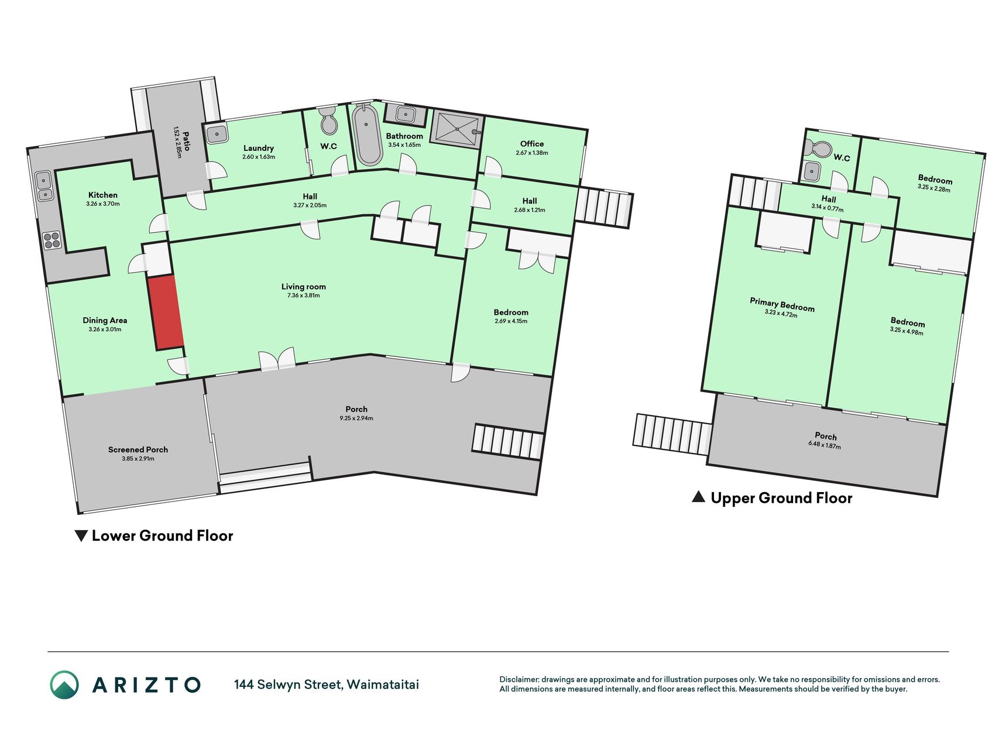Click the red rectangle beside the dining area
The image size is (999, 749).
click(x=166, y=313)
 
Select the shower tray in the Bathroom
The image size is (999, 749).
click(x=455, y=129)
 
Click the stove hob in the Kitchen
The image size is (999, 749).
click(x=52, y=240)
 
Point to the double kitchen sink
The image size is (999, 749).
click(x=44, y=185)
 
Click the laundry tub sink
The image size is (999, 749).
click(x=217, y=134)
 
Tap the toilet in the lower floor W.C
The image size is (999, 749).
click(x=328, y=120)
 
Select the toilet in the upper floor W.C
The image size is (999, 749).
click(x=818, y=149)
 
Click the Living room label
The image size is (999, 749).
click(x=304, y=287)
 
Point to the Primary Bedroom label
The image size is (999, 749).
click(x=782, y=304)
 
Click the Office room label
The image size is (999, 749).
click(x=532, y=144)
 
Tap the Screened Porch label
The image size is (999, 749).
click(x=138, y=449)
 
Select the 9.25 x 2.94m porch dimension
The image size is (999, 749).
click(x=356, y=418)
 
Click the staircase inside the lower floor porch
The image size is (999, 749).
click(x=508, y=441)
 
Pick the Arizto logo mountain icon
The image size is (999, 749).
click(x=64, y=685)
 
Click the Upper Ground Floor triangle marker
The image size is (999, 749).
click(x=698, y=497)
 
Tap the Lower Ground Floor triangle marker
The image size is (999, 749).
click(x=81, y=535)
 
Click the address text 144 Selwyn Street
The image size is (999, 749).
click(x=287, y=685)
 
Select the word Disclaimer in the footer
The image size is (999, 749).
click(x=519, y=679)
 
